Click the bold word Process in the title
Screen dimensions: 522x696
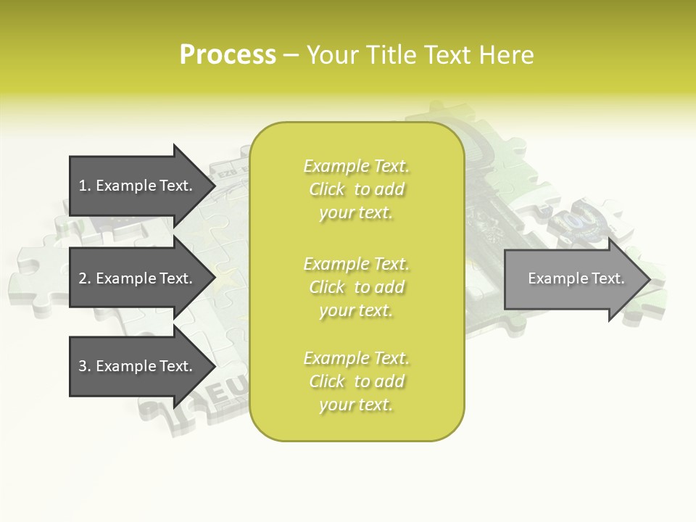click(228, 55)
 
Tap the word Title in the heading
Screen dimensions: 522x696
click(392, 55)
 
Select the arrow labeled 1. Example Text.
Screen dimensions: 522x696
click(138, 186)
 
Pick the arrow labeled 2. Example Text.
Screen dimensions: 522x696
click(138, 278)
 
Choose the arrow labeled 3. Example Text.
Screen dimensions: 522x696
click(138, 366)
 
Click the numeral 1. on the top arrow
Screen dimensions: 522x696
click(85, 186)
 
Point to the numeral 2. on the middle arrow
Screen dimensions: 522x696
click(85, 278)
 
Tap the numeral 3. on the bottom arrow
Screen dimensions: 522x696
click(85, 366)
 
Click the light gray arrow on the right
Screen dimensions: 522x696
click(573, 278)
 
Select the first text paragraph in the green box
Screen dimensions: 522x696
click(356, 189)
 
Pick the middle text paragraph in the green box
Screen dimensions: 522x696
click(356, 286)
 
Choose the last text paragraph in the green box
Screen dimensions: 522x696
click(356, 381)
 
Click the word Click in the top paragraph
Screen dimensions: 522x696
click(327, 190)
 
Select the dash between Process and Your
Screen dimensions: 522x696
click(291, 55)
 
